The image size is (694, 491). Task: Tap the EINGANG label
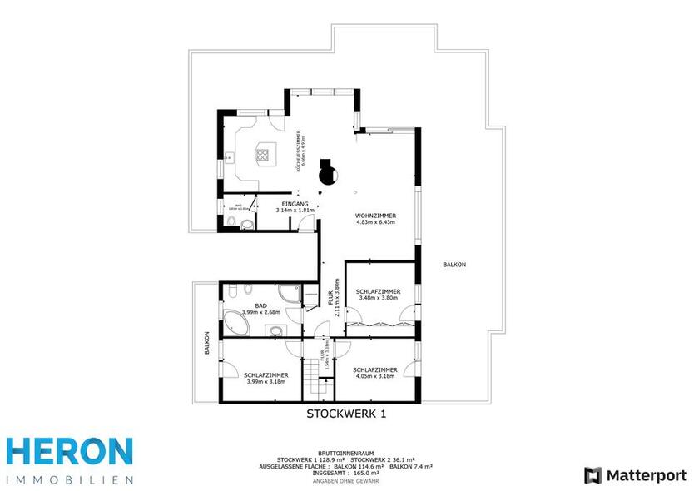point(295,204)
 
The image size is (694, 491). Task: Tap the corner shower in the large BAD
point(287,293)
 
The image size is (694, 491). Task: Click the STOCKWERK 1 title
point(346,413)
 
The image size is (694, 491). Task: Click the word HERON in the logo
point(70,452)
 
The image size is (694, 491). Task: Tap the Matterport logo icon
point(593,475)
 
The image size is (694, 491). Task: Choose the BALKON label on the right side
point(454,265)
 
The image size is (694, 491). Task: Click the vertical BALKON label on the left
point(207,345)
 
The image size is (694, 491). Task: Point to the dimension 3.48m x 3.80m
point(378,299)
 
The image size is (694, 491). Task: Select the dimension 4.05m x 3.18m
point(374,375)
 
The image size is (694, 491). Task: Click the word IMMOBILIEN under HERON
point(70,479)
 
